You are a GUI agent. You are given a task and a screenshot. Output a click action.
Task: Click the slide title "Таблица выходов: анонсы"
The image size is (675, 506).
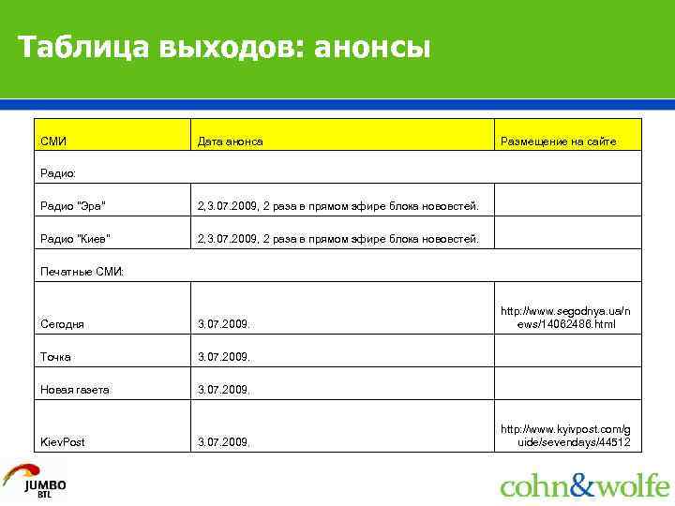point(225,46)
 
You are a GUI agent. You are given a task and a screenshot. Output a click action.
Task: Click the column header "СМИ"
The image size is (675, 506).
point(53,141)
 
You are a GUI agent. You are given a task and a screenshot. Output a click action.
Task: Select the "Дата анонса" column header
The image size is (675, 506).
point(230,141)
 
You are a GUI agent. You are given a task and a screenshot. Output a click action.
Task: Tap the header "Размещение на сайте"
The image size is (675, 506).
point(558,141)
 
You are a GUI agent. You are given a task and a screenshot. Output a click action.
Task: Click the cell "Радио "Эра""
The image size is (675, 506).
point(74,205)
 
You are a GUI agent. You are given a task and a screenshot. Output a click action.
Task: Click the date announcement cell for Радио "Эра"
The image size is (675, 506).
point(337,205)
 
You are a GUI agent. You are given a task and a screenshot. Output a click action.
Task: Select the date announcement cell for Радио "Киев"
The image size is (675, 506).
point(337,238)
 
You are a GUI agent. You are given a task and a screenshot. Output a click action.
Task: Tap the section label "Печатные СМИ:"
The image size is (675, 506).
point(82,271)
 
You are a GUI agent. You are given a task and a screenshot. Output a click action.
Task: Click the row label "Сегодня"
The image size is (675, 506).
point(63,323)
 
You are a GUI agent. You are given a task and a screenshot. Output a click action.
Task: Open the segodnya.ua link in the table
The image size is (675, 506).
point(565,317)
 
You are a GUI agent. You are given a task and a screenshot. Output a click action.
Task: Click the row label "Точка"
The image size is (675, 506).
point(56,356)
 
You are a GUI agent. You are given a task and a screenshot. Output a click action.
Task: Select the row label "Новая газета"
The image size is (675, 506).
point(75,389)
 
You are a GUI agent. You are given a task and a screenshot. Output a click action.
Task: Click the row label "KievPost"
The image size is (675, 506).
point(63,441)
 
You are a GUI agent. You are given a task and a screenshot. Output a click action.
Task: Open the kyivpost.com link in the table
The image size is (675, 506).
point(565,435)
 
